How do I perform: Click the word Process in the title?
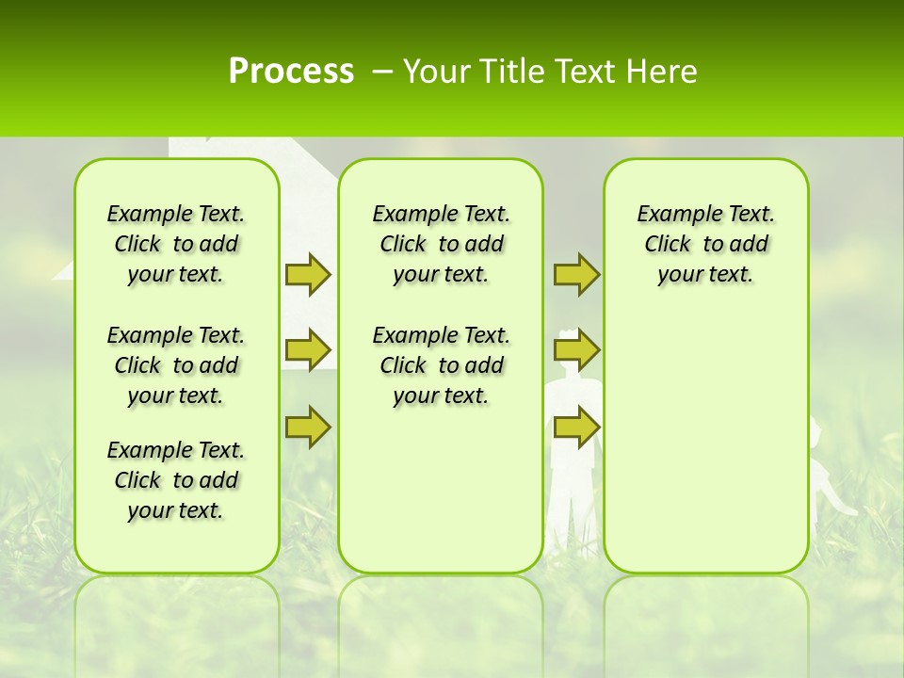pos(291,72)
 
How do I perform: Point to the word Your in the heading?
pos(436,72)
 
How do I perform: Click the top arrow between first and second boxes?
pos(307,274)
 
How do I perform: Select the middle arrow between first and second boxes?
pos(307,350)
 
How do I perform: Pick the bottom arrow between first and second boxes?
pos(307,427)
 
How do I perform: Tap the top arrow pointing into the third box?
pos(576,274)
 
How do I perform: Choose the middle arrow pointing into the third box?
pos(576,350)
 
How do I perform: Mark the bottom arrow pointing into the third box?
pos(576,427)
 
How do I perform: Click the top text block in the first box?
pos(176,244)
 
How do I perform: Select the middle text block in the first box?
pos(176,365)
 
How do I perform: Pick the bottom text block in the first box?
pos(176,480)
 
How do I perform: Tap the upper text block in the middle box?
pos(441,244)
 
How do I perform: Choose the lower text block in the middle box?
pos(441,365)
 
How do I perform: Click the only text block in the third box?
pos(705,244)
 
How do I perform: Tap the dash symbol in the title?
pos(382,73)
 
